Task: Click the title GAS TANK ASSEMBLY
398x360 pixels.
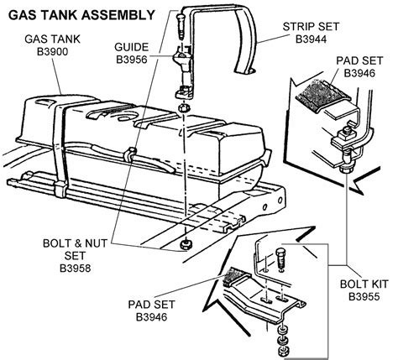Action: (x=81, y=15)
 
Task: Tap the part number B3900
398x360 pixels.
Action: (x=53, y=52)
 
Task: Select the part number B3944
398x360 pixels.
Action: (x=311, y=39)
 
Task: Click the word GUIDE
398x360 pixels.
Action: (x=132, y=47)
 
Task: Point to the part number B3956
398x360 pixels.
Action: (x=132, y=60)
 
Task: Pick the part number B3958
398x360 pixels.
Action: (x=76, y=269)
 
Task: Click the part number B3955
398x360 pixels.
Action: (x=364, y=296)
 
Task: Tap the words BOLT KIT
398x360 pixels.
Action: (x=364, y=284)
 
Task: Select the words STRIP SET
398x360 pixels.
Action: (x=311, y=27)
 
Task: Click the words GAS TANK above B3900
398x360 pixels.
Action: (x=53, y=39)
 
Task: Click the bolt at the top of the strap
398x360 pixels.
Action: (x=181, y=27)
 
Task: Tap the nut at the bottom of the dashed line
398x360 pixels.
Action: (x=185, y=244)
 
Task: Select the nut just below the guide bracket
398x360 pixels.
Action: (x=183, y=107)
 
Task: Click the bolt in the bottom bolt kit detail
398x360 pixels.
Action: (x=280, y=258)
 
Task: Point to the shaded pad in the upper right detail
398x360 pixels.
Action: (x=322, y=95)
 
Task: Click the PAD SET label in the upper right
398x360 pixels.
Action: (x=359, y=60)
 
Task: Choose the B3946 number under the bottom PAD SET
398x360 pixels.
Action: (x=151, y=317)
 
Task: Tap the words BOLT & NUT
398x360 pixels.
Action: (x=75, y=243)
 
